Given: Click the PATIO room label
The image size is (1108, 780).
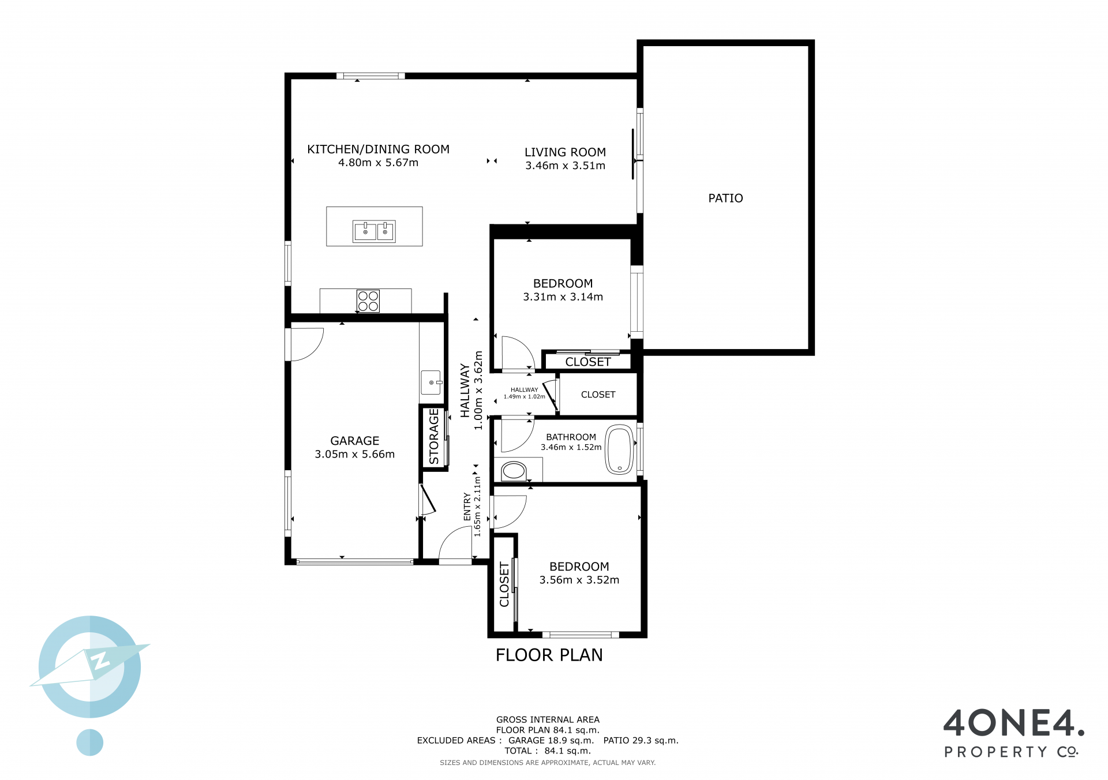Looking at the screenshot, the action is (x=725, y=198).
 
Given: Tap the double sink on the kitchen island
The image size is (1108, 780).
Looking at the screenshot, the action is (x=374, y=231).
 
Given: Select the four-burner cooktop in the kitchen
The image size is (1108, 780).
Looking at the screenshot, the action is (x=368, y=301).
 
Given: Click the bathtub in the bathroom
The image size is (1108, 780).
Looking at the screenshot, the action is (x=619, y=450).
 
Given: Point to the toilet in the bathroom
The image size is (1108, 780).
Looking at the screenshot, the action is (x=514, y=471).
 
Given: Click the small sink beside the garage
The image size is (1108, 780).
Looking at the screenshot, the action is (x=431, y=382).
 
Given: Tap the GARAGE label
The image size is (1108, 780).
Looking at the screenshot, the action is (x=355, y=441).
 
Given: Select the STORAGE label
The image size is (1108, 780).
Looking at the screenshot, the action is (x=434, y=437).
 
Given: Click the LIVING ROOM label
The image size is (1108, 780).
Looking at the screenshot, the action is (x=566, y=152).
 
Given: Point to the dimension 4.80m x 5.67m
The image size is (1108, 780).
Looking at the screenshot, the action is (x=379, y=163).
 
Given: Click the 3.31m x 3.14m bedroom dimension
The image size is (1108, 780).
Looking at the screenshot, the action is (x=563, y=297).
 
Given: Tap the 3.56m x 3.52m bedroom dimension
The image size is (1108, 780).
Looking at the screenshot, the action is (x=579, y=580).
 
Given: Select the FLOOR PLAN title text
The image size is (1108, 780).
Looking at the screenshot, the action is (x=549, y=655).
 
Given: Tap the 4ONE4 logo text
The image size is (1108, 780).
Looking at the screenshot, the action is (x=1014, y=723).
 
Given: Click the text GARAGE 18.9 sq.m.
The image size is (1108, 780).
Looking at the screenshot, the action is (x=551, y=741).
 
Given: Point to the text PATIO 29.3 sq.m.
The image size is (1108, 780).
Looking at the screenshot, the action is (x=641, y=741).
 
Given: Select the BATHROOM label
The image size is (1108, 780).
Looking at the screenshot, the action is (x=571, y=437).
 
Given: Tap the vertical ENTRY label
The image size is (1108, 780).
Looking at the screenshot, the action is (x=467, y=507).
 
